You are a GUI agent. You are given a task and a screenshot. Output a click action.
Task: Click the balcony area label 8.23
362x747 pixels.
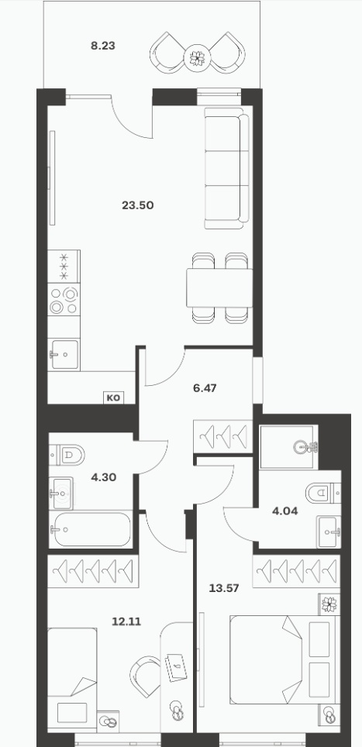point(103,46)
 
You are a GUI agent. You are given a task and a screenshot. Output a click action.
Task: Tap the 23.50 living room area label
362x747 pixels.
point(138,206)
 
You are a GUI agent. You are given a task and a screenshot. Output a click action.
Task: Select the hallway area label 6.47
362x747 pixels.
point(205,388)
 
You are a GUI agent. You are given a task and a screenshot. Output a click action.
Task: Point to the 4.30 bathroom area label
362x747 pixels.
point(103,477)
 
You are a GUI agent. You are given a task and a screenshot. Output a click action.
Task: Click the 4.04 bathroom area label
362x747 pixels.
point(284,511)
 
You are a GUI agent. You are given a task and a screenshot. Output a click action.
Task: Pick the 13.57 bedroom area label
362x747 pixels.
point(224,588)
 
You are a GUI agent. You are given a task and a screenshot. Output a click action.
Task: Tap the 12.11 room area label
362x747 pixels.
point(126,621)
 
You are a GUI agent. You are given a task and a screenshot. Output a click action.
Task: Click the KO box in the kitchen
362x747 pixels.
point(114,398)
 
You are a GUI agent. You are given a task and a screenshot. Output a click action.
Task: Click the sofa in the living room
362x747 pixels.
point(227,167)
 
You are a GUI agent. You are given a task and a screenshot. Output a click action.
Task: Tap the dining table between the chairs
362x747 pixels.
point(219,287)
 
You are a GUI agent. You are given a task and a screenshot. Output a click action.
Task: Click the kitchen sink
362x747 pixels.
point(64,355)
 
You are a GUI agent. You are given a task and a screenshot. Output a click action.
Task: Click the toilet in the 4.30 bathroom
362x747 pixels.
point(67,455)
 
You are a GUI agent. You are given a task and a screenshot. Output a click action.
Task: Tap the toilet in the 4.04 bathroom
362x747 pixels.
point(323,493)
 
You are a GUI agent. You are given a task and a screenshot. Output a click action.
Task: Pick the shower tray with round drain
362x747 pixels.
point(289,446)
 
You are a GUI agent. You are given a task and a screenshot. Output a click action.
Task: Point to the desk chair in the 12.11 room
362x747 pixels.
point(146,676)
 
